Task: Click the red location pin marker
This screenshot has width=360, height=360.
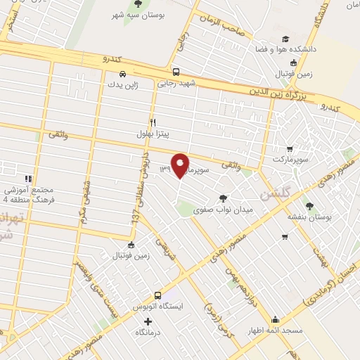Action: [181, 165]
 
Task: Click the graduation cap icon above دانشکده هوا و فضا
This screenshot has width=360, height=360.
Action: [285, 39]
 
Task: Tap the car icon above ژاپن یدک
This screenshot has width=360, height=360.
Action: [123, 73]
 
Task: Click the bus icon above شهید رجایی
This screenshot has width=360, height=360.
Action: [176, 71]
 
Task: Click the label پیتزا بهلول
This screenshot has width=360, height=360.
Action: [154, 132]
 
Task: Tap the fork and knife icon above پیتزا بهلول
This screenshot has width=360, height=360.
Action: [153, 122]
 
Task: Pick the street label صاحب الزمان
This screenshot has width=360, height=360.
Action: [223, 28]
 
